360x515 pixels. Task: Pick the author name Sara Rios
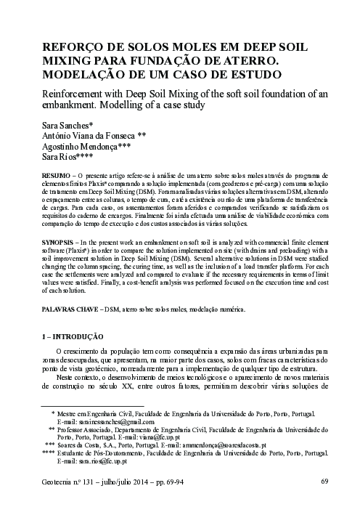[63, 156]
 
